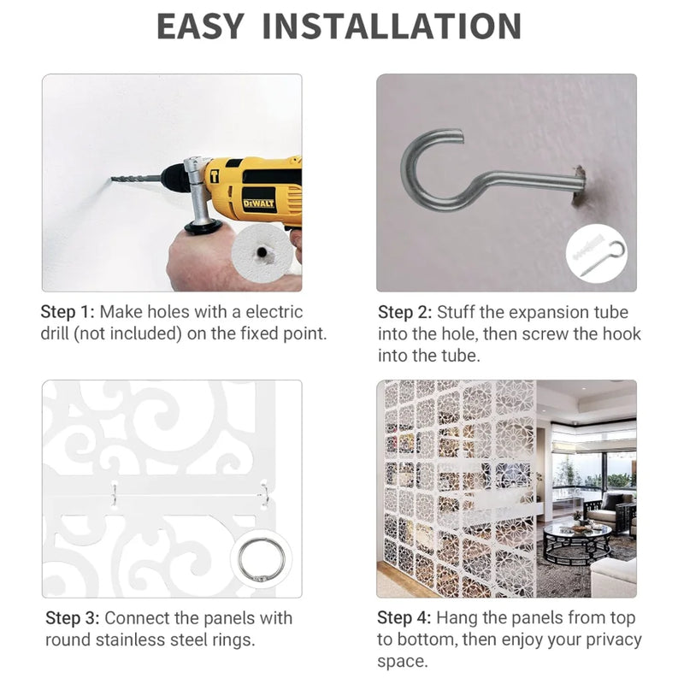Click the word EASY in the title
point(200,27)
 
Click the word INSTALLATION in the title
point(392,27)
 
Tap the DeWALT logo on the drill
point(258,203)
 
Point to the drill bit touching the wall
point(135,179)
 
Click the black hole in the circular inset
point(262,252)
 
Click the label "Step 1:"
point(68,312)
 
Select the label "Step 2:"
point(404,312)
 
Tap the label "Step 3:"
point(73,618)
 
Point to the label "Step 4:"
point(404,617)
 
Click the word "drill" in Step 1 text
point(54,333)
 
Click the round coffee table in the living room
point(576,543)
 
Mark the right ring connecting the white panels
point(264,495)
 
